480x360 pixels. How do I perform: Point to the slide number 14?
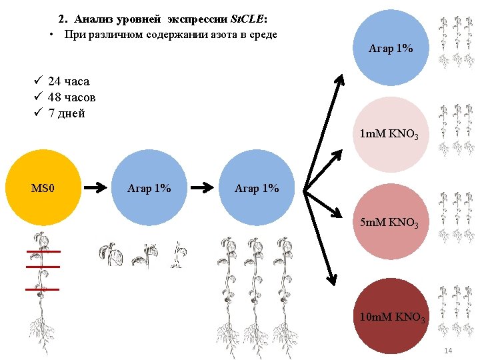click(x=447, y=351)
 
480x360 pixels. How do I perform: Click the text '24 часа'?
click(x=69, y=81)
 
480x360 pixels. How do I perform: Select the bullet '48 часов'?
click(x=71, y=97)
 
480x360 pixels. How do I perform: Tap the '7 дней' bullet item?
click(x=67, y=113)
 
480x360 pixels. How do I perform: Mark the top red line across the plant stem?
click(x=44, y=252)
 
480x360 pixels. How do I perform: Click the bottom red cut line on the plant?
click(x=42, y=289)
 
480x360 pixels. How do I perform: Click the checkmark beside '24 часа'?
click(x=39, y=81)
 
